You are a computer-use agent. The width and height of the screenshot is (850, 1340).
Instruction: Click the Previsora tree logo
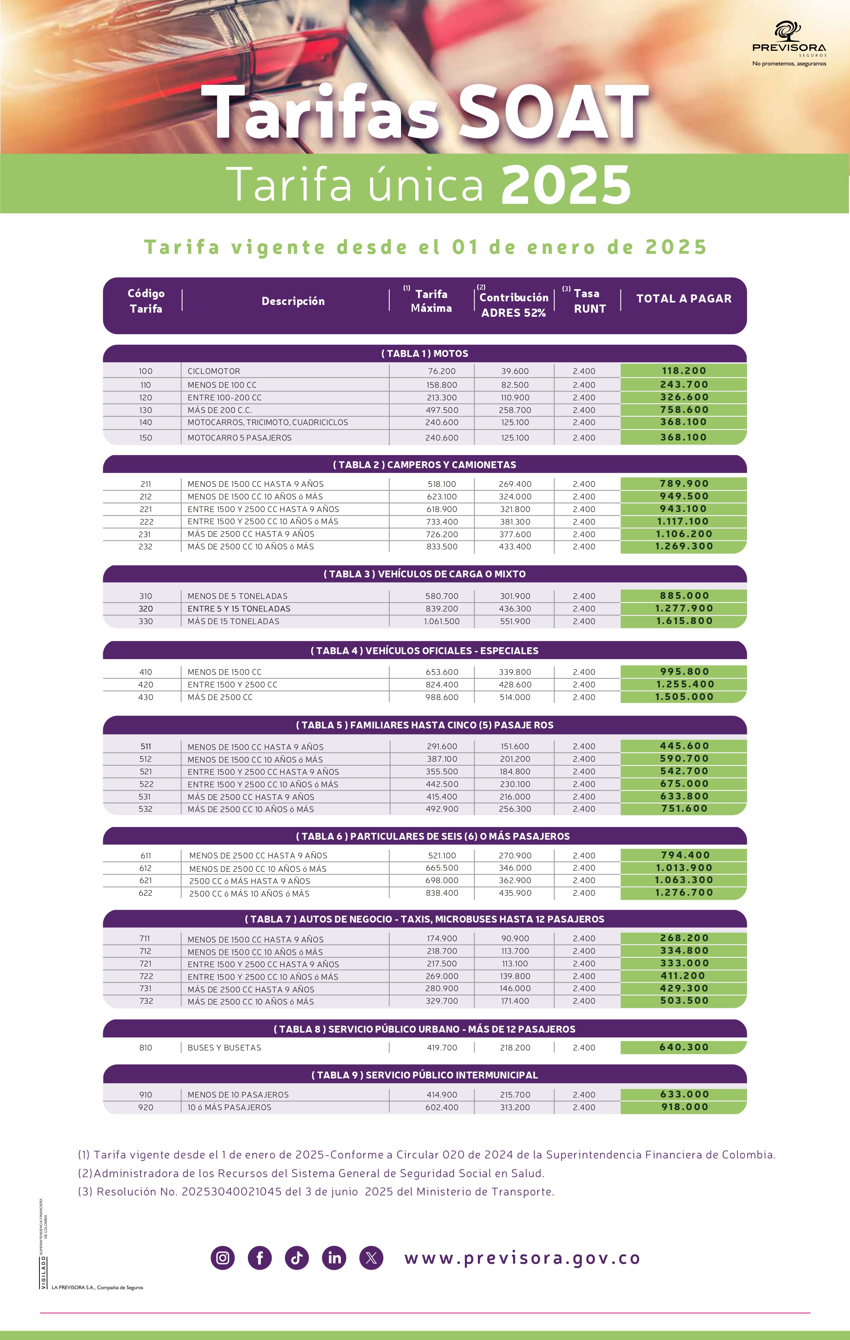click(788, 31)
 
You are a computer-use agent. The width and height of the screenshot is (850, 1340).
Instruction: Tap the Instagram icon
click(223, 1258)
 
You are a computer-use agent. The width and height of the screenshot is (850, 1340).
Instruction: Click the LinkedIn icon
click(334, 1258)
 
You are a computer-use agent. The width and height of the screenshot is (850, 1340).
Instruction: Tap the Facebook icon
click(259, 1258)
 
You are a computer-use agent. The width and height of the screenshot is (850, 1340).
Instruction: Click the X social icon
click(371, 1258)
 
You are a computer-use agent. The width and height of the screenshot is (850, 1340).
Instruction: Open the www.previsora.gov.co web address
click(522, 1258)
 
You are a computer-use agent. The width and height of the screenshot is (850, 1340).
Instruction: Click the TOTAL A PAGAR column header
click(683, 299)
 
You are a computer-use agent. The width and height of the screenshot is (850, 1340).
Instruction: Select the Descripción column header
click(293, 301)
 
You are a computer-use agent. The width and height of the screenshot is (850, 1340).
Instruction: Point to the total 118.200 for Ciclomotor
click(683, 371)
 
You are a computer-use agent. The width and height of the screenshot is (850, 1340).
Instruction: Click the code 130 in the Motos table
click(145, 410)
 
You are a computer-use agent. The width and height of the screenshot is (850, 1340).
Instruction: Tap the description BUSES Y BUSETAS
click(224, 1047)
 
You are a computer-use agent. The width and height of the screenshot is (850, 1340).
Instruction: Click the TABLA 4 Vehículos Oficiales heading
click(425, 651)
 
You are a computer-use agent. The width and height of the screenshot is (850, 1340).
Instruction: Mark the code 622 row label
click(145, 893)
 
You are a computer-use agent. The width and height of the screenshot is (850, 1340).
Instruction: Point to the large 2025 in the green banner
click(566, 185)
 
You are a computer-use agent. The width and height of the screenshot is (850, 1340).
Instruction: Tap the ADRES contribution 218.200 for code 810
click(515, 1047)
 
